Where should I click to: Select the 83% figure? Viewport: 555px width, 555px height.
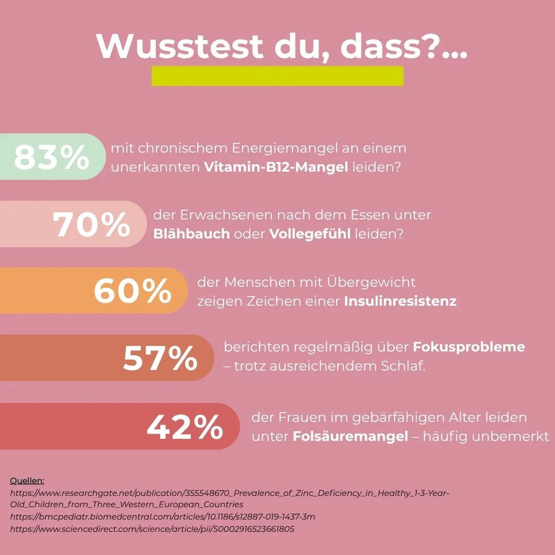[51, 158]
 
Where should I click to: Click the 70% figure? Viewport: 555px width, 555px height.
[91, 225]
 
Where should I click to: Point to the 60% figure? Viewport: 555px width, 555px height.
[133, 291]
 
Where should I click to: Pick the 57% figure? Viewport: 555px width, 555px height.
[160, 359]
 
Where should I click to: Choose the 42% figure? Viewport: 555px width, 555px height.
[185, 427]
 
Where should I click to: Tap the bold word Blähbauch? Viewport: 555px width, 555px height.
[191, 234]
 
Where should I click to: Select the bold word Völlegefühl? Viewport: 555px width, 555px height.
[310, 234]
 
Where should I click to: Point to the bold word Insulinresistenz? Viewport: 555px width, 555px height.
[400, 301]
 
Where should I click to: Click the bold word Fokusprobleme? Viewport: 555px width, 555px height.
[469, 347]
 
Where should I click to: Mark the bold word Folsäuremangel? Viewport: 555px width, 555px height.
[350, 436]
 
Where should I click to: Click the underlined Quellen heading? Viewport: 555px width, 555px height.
[27, 480]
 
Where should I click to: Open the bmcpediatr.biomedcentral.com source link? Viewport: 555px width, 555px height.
[162, 516]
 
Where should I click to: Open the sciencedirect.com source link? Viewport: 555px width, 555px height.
[152, 528]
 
